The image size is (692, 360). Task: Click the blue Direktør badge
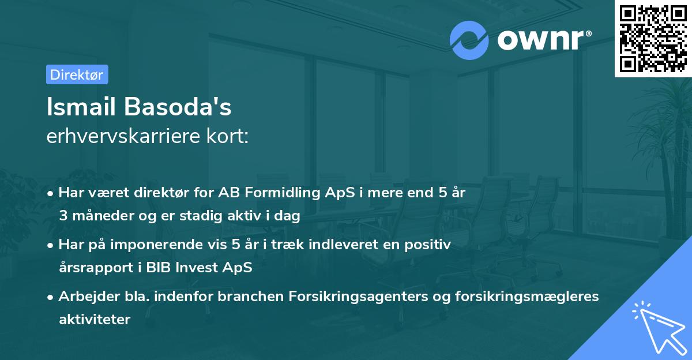[77, 74]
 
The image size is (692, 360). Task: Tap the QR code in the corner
[653, 39]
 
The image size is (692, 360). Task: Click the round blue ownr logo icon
[469, 40]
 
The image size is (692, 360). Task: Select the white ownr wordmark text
[544, 40]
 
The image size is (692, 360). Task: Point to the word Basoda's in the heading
[178, 107]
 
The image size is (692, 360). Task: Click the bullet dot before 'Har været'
[50, 193]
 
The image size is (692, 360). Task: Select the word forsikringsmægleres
[526, 296]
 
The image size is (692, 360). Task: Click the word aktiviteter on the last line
[95, 319]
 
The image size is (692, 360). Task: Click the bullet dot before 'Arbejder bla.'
[50, 297]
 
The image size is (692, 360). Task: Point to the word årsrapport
[96, 268]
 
